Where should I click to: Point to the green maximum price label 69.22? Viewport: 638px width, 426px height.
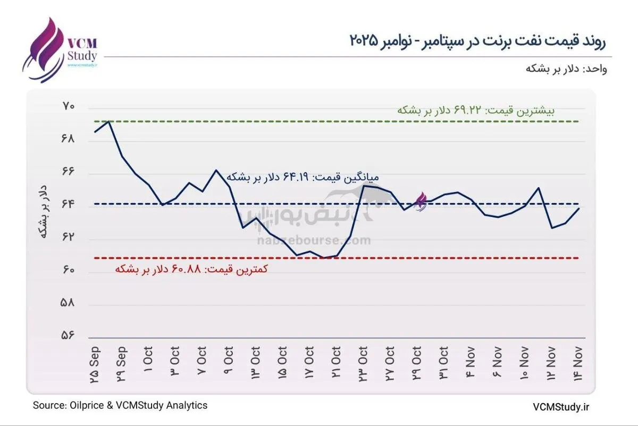point(476,111)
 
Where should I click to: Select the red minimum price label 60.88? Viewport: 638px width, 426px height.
point(191,269)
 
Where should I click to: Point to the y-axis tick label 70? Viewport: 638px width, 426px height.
point(69,107)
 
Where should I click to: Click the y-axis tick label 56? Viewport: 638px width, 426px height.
point(69,336)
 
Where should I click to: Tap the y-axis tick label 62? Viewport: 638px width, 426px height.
point(69,238)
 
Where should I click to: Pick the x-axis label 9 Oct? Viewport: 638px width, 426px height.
point(229,362)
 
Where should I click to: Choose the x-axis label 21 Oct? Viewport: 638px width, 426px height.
point(336,362)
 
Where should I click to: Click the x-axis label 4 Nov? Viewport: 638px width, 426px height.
point(471,362)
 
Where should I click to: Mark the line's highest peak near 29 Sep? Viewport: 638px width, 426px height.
point(109,122)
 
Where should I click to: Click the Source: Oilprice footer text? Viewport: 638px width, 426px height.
point(120,405)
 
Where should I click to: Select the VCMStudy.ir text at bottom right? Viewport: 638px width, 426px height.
point(561,406)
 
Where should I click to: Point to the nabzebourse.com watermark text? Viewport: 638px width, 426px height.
point(314,241)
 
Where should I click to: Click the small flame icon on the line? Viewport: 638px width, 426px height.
point(421,202)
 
